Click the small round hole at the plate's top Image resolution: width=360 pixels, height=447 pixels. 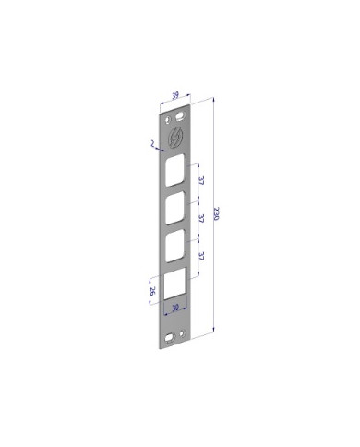(x=167, y=122)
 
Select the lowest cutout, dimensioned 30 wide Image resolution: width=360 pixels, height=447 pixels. (x=175, y=281)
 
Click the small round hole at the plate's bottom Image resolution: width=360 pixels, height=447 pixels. (x=183, y=333)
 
